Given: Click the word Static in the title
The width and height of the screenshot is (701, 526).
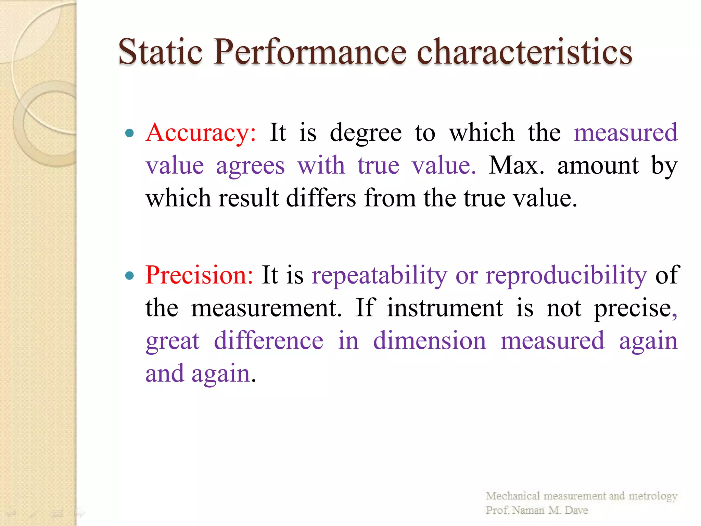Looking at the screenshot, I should (160, 52).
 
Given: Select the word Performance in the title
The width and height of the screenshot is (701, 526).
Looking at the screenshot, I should (310, 52).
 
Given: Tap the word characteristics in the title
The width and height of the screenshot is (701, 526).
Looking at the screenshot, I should (524, 52).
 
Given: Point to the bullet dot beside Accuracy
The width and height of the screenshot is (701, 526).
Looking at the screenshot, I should (129, 133).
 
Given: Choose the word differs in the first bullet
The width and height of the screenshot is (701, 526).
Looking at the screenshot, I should (321, 199).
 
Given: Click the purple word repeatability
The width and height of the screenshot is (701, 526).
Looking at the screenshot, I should (379, 276).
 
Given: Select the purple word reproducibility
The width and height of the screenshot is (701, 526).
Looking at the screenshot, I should (566, 276).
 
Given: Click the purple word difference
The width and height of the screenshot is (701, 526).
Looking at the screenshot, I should (268, 341).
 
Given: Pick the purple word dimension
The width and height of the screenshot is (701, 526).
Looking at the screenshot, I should (429, 341).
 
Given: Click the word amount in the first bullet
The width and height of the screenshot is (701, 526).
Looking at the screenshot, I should (598, 166).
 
